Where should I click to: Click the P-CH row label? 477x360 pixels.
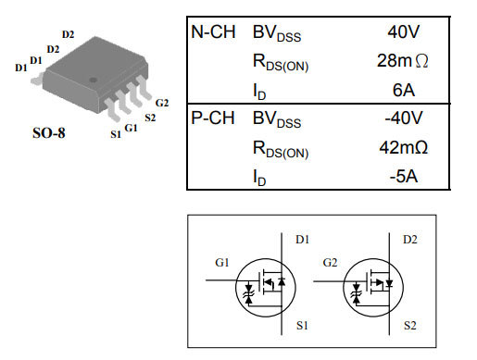(x=216, y=118)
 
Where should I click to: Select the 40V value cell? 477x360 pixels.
(x=405, y=32)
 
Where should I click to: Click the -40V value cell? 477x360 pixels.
(x=403, y=118)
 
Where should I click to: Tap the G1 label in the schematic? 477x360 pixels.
(x=222, y=263)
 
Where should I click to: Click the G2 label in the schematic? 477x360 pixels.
(x=330, y=263)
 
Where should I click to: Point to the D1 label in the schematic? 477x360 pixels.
(x=303, y=240)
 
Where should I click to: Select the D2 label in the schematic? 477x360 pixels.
(x=409, y=240)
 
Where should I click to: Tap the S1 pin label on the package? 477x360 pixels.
(x=116, y=135)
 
